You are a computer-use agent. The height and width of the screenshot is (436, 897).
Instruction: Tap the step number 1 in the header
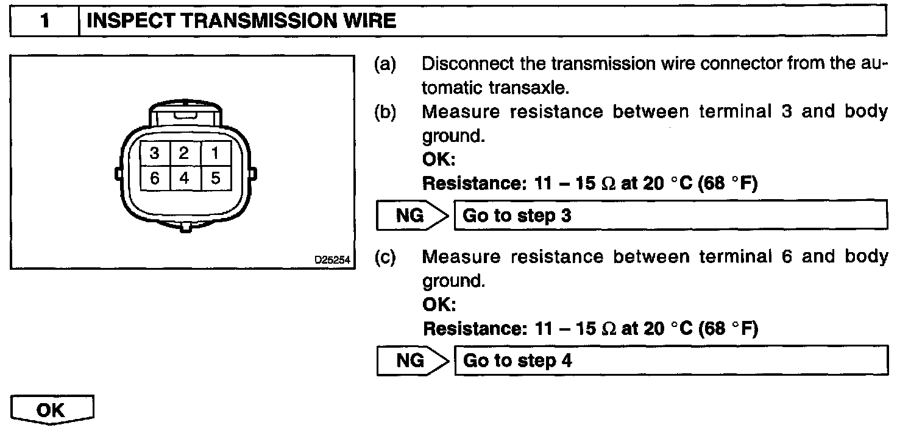pyautogui.click(x=46, y=22)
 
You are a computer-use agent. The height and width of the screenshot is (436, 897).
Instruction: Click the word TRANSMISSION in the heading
pyautogui.click(x=249, y=22)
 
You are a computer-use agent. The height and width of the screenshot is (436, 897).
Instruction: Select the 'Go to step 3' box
pyautogui.click(x=670, y=216)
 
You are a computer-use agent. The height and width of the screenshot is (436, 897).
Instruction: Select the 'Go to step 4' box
pyautogui.click(x=670, y=360)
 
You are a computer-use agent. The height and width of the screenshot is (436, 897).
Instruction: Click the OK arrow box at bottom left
pyautogui.click(x=52, y=410)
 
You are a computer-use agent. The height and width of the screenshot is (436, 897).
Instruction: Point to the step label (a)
pyautogui.click(x=384, y=64)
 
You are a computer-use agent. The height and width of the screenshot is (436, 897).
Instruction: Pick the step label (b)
pyautogui.click(x=384, y=113)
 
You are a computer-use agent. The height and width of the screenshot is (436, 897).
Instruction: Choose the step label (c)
pyautogui.click(x=384, y=258)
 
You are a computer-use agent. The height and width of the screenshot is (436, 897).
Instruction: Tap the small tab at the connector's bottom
pyautogui.click(x=185, y=228)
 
